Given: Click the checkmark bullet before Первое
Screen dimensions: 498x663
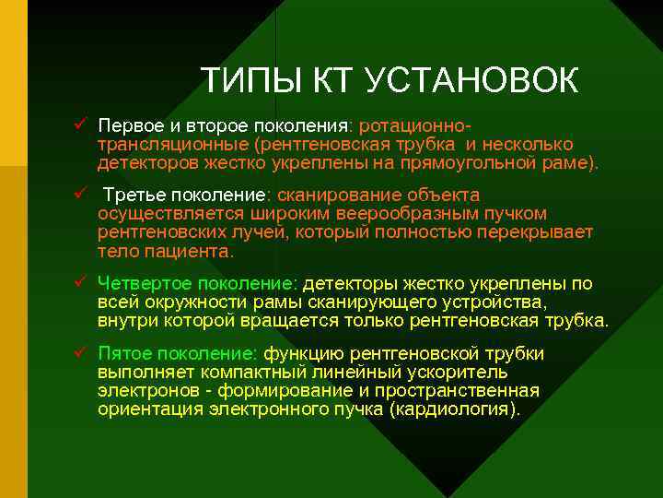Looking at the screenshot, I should [82, 124].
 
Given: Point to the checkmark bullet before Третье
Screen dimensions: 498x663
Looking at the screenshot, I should [82, 194].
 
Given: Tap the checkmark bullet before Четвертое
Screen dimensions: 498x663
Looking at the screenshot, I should [82, 282].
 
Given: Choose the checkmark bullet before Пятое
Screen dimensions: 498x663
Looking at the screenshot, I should [82, 352].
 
